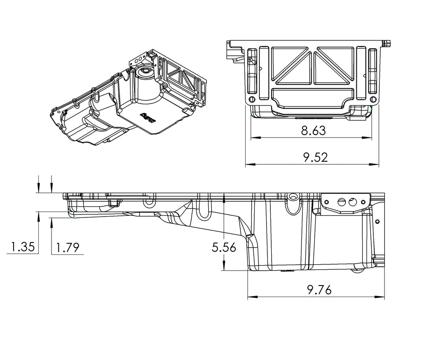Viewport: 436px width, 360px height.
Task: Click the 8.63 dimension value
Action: point(313,131)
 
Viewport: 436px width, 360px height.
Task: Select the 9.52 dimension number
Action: point(315,157)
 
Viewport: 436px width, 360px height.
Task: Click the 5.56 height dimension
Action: point(224,247)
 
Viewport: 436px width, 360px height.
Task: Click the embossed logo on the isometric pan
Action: point(148,117)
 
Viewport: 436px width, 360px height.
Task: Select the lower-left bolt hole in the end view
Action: point(251,100)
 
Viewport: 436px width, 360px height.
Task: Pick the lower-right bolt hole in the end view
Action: point(373,100)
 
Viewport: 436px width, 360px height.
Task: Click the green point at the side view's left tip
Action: point(75,218)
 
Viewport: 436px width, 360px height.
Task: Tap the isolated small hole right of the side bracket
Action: point(377,221)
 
